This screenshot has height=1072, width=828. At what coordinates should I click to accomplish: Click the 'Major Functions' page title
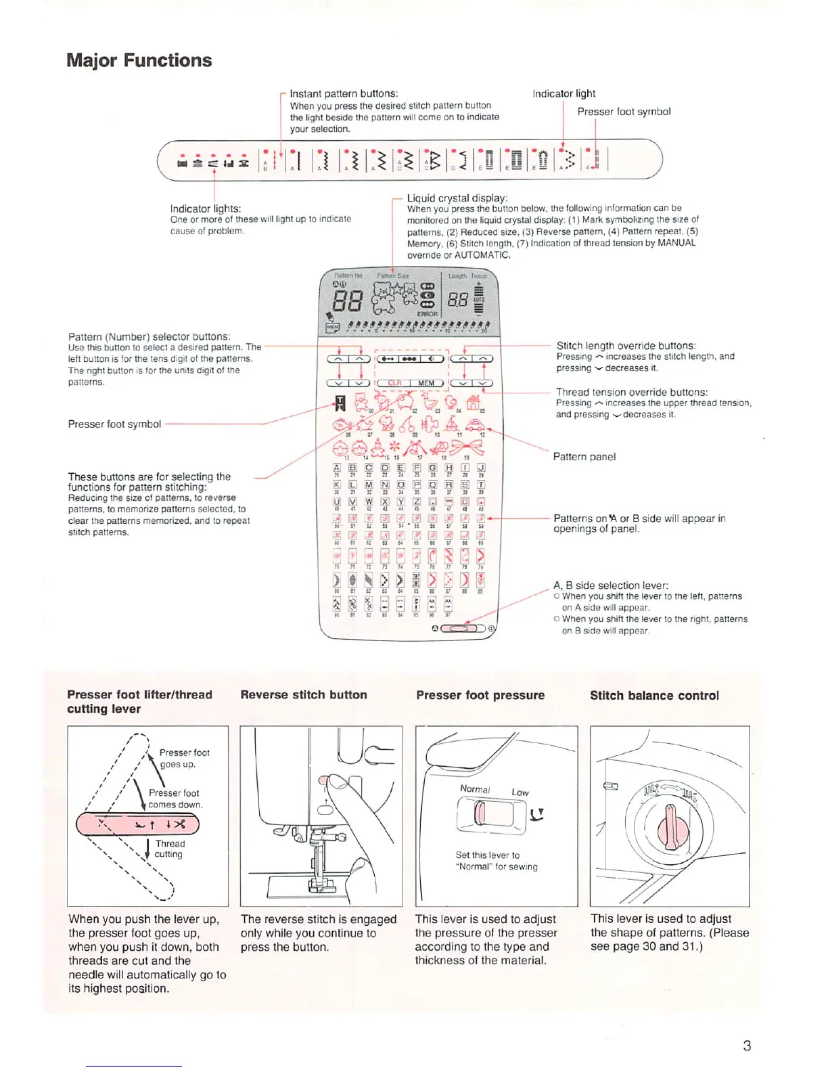[x=139, y=60]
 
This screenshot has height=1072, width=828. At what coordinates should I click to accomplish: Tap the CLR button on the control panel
[x=394, y=383]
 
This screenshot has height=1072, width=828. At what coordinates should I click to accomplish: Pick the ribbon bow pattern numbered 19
[x=467, y=447]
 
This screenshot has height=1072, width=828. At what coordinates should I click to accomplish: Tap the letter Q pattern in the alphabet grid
[x=432, y=485]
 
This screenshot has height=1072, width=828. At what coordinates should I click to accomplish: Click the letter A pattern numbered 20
[x=336, y=468]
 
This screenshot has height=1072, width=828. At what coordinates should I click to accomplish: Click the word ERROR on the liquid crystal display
[x=427, y=314]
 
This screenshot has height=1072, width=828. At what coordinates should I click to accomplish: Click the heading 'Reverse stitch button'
[x=304, y=695]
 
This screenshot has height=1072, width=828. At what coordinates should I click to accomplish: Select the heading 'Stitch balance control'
[x=654, y=696]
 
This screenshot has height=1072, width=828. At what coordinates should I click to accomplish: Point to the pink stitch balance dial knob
[x=671, y=827]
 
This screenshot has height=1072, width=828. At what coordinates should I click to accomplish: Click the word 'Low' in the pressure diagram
[x=520, y=792]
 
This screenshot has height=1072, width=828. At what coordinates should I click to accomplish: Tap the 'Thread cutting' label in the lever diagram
[x=169, y=849]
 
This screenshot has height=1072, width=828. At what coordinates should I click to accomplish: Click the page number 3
[x=747, y=1046]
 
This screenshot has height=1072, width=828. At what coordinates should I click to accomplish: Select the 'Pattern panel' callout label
[x=584, y=457]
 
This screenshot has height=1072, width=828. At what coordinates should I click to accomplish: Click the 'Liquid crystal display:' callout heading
[x=457, y=198]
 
